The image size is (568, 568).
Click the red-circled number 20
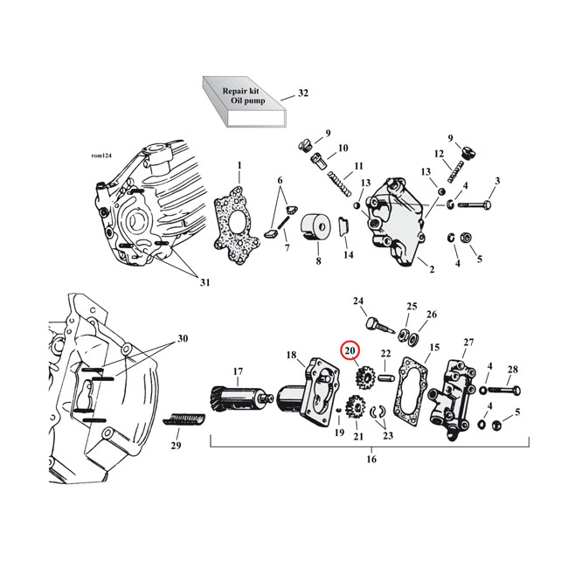[350, 351]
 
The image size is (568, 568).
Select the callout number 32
[303, 93]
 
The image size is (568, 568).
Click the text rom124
[102, 156]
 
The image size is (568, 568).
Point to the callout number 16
[371, 459]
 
